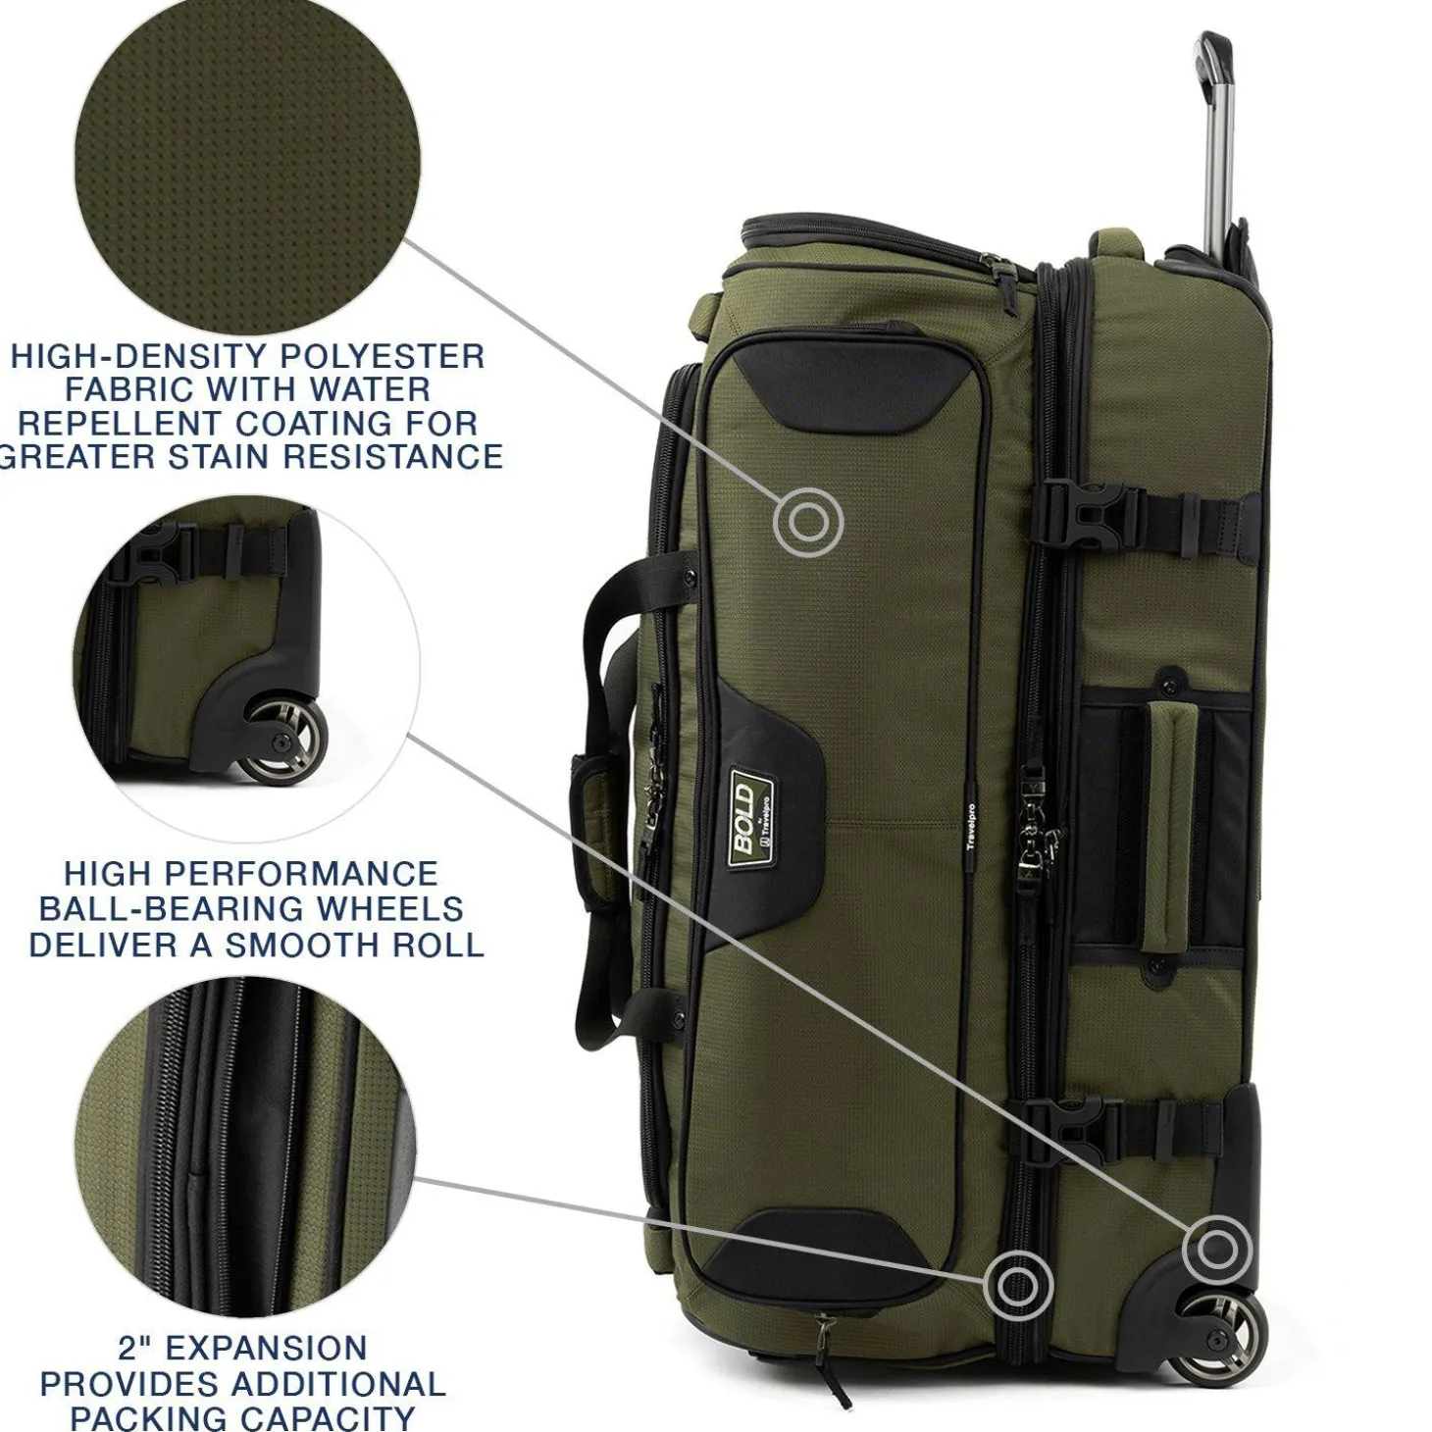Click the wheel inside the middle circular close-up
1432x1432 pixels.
click(x=286, y=741)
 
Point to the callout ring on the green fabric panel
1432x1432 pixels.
click(x=808, y=523)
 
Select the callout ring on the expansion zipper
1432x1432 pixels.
click(x=1018, y=1285)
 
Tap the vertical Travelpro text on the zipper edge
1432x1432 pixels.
click(x=970, y=830)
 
